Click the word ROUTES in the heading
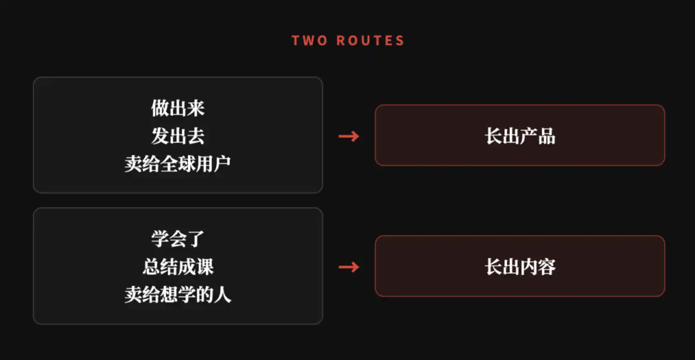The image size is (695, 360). [370, 41]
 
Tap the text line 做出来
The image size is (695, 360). [178, 108]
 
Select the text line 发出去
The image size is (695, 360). [178, 136]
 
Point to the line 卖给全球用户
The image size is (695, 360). [178, 164]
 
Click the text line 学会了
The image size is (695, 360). [178, 239]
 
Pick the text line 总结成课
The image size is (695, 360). [178, 267]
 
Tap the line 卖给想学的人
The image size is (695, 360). [178, 294]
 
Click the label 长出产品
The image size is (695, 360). [520, 136]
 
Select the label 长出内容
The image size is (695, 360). [520, 267]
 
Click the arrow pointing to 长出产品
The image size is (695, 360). [349, 136]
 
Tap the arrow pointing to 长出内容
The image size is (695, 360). [349, 267]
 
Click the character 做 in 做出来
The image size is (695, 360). [160, 108]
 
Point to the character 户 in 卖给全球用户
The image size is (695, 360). [222, 164]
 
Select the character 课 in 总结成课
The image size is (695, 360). [205, 267]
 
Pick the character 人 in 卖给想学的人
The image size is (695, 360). [222, 294]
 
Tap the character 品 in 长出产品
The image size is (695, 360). [547, 136]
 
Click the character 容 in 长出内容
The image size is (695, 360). [547, 267]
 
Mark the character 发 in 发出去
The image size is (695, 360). [160, 136]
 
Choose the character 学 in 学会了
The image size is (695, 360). [160, 239]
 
